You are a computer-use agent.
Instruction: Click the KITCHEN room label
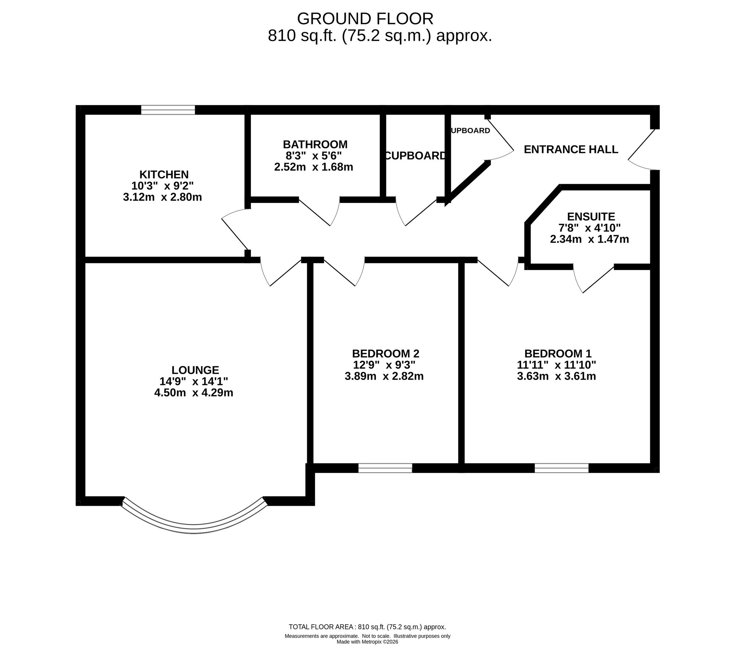point(164,174)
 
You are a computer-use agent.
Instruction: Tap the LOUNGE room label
point(195,370)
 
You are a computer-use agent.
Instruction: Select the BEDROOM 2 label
point(386,353)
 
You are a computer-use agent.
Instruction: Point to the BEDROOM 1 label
point(558,353)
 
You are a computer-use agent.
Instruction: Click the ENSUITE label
point(591,216)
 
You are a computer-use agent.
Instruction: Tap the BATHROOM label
point(315,144)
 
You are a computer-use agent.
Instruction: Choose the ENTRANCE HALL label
point(571,149)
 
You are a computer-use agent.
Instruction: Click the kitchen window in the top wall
point(168,110)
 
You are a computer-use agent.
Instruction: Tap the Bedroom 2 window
point(385,468)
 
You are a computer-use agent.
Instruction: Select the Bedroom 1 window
point(562,468)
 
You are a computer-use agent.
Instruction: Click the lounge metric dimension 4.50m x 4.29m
point(194,393)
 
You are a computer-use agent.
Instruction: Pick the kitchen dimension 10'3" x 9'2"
point(162,186)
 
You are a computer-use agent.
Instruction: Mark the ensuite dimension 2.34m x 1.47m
point(589,239)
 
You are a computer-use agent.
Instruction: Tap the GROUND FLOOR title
point(365,18)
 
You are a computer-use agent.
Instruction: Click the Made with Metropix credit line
point(367,652)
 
